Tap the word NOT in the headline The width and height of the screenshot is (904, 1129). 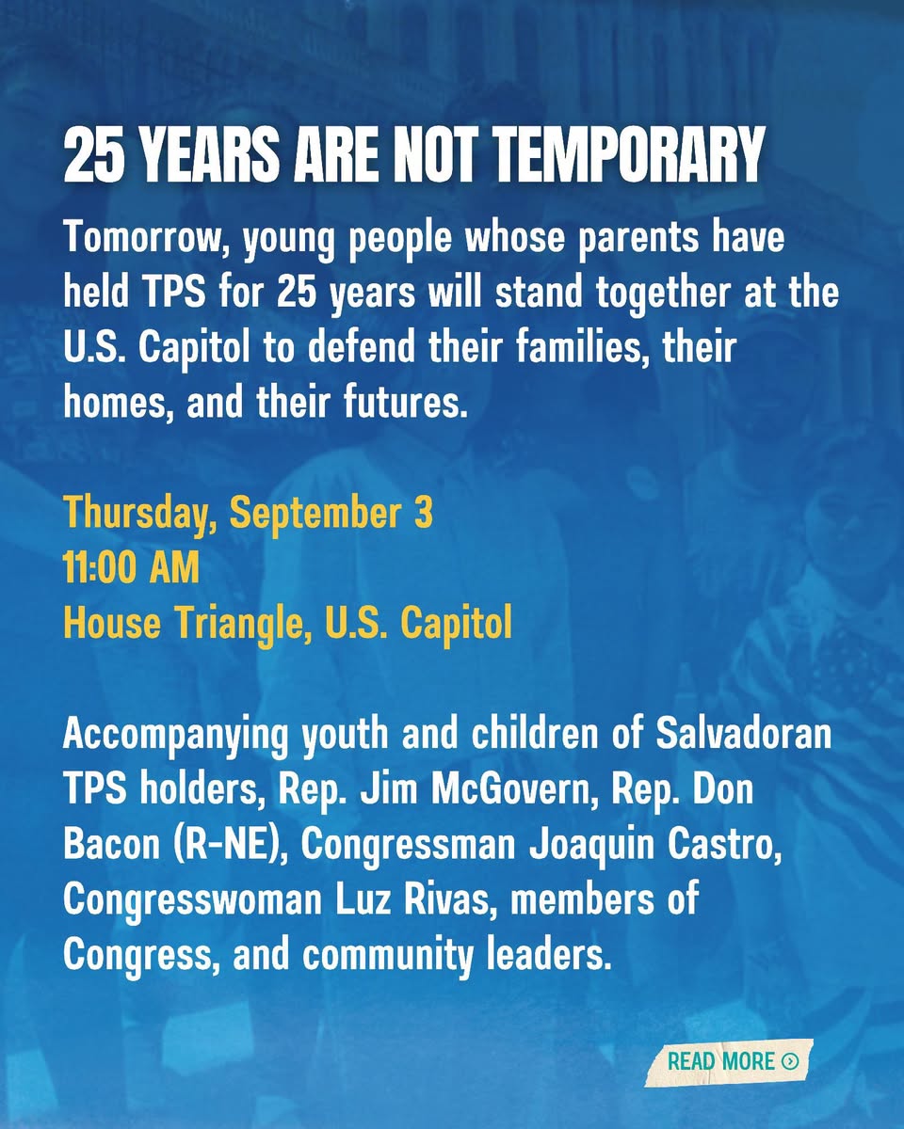pyautogui.click(x=439, y=156)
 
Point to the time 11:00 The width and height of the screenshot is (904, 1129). pyautogui.click(x=101, y=567)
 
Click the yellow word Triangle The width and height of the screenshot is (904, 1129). pyautogui.click(x=240, y=625)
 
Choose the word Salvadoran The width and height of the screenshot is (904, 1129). pyautogui.click(x=744, y=734)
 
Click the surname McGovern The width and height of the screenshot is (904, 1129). pyautogui.click(x=511, y=789)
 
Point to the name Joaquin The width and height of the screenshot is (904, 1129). pyautogui.click(x=591, y=846)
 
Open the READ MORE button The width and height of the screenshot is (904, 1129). pyautogui.click(x=729, y=1061)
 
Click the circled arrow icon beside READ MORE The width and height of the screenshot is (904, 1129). pyautogui.click(x=790, y=1061)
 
